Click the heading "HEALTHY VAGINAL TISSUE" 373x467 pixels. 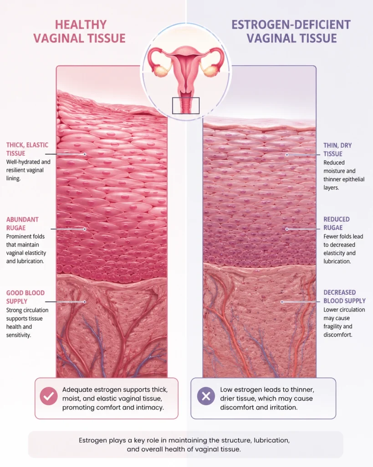pos(79,31)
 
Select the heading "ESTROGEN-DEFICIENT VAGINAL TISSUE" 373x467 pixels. pos(291,31)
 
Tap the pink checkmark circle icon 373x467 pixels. pos(49,396)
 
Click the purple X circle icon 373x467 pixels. pos(206,396)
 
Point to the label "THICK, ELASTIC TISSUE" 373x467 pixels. pos(27,149)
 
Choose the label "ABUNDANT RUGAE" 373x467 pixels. pos(22,223)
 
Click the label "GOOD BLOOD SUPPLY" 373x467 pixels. pos(26,297)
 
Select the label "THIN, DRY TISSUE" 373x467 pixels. pos(337,150)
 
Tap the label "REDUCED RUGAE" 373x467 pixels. pos(337,223)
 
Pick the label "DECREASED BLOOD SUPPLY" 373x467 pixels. pos(344,296)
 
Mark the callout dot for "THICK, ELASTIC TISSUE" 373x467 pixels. pos(85,154)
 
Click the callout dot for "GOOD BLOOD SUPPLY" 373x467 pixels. pos(85,302)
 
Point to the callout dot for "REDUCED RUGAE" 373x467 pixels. pos(287,229)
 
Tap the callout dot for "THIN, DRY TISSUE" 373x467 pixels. pos(287,155)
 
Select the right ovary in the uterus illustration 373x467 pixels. pos(210,72)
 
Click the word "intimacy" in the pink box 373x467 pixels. pos(151,407)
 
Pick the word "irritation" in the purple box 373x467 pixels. pos(284,407)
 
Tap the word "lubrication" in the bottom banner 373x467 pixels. pos(271,440)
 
